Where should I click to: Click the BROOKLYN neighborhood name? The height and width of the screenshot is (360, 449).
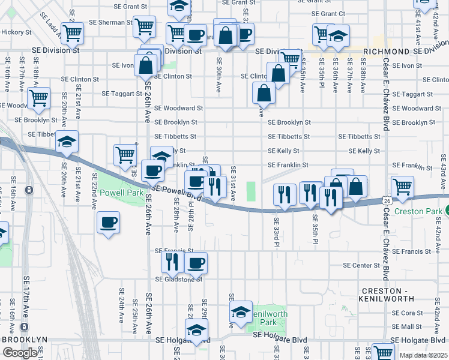pos(25,340)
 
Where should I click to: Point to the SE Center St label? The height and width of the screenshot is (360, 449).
pos(362,265)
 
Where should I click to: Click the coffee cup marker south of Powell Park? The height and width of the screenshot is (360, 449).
pos(109,223)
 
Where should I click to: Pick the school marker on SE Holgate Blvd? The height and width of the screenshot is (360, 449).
pos(196,331)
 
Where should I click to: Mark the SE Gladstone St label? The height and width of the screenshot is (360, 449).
pos(179,279)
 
